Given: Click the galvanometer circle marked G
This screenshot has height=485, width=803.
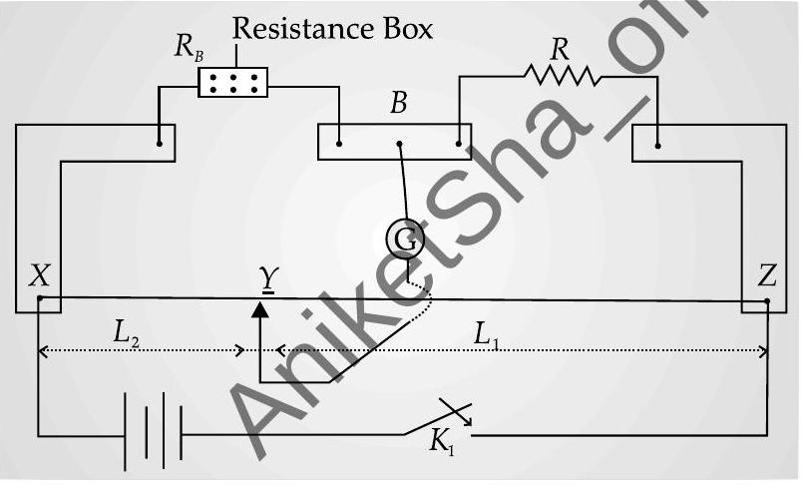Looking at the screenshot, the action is coord(405,239).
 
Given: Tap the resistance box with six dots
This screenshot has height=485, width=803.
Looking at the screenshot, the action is coord(233,83).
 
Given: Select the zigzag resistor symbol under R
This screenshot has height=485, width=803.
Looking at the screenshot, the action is coord(563,75).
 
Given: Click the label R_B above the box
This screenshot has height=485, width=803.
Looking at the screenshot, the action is coord(189,48).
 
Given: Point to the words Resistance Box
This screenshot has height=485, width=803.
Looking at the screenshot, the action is coord(332,29).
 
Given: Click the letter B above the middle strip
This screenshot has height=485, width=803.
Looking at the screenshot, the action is coord(398,103).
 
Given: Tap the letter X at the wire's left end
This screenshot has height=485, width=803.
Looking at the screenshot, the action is coord(40,275).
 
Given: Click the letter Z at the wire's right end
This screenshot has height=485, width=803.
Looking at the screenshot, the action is coord(766,275).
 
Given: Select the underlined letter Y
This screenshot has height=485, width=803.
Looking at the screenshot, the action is coord(268,280).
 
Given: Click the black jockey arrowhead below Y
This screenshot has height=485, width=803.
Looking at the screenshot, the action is coord(260,309).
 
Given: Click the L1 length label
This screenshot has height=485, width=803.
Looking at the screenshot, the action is coord(486,335).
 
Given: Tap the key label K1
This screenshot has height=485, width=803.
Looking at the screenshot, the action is coord(441,441).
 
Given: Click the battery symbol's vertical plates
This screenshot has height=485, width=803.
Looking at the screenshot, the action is coord(153,431).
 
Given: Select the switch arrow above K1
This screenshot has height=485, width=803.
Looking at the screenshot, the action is coord(456,412).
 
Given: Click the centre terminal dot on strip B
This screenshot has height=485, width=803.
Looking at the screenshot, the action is coord(399,144).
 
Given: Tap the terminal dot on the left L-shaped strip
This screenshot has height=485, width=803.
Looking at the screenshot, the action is coord(160,144).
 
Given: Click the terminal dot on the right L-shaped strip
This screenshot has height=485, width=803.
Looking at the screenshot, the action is coord(658,146).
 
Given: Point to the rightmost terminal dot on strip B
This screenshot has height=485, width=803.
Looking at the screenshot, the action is coord(458,144).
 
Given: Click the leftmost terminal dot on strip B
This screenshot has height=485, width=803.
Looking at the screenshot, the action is coord(339,144).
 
